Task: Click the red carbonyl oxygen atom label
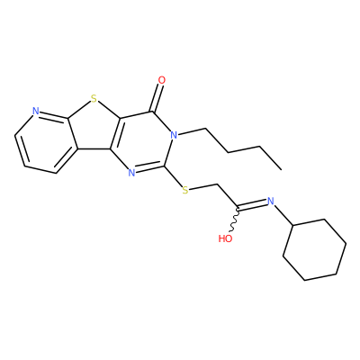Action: click(162, 80)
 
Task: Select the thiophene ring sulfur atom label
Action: click(94, 98)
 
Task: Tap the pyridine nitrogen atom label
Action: click(36, 112)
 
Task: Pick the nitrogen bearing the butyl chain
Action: click(174, 135)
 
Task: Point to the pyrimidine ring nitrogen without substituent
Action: click(131, 173)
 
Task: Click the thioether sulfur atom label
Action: click(185, 190)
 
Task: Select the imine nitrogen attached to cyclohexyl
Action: click(271, 201)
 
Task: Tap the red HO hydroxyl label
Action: click(226, 238)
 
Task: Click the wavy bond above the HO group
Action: click(235, 220)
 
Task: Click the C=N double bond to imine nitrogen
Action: click(252, 203)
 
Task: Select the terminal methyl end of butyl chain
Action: click(281, 169)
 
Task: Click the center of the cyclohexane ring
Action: click(315, 250)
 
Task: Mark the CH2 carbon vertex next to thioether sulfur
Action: click(216, 184)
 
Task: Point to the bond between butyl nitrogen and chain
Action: click(192, 131)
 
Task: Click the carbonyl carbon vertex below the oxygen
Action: click(154, 112)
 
